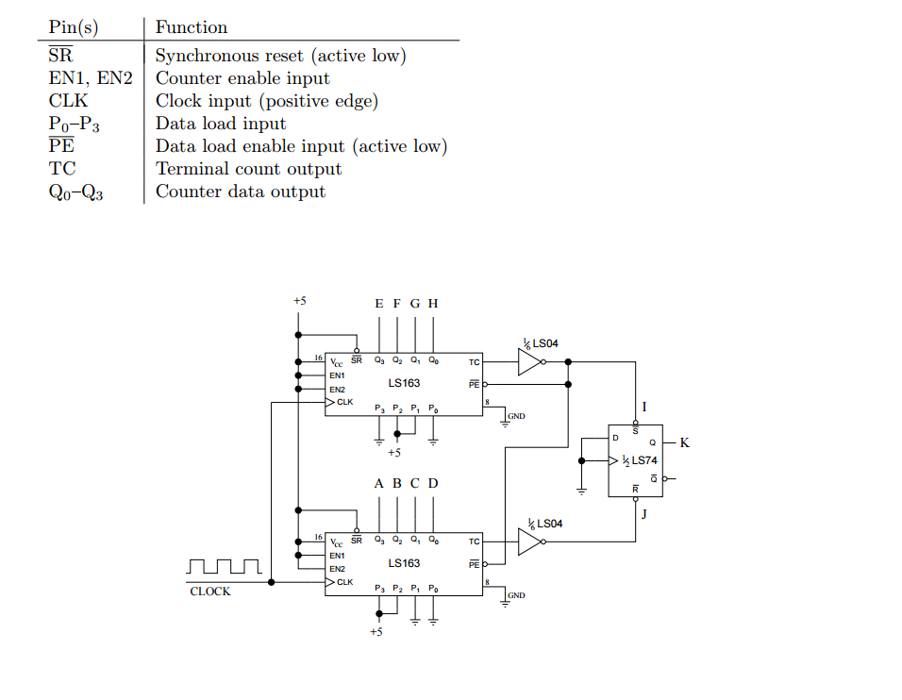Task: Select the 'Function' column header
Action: [191, 27]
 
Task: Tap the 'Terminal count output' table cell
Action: [248, 169]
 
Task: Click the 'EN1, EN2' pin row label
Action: [91, 78]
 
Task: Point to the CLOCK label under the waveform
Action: [209, 592]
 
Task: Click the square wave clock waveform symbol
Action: [224, 566]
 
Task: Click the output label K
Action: [684, 442]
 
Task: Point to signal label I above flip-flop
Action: [643, 407]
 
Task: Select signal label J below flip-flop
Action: [643, 514]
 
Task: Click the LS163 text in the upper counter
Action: [404, 383]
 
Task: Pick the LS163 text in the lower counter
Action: [404, 563]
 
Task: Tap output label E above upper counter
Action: [378, 304]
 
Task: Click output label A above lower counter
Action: [378, 483]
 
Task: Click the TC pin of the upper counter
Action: [474, 361]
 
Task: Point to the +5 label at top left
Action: [299, 301]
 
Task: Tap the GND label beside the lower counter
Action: [516, 595]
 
